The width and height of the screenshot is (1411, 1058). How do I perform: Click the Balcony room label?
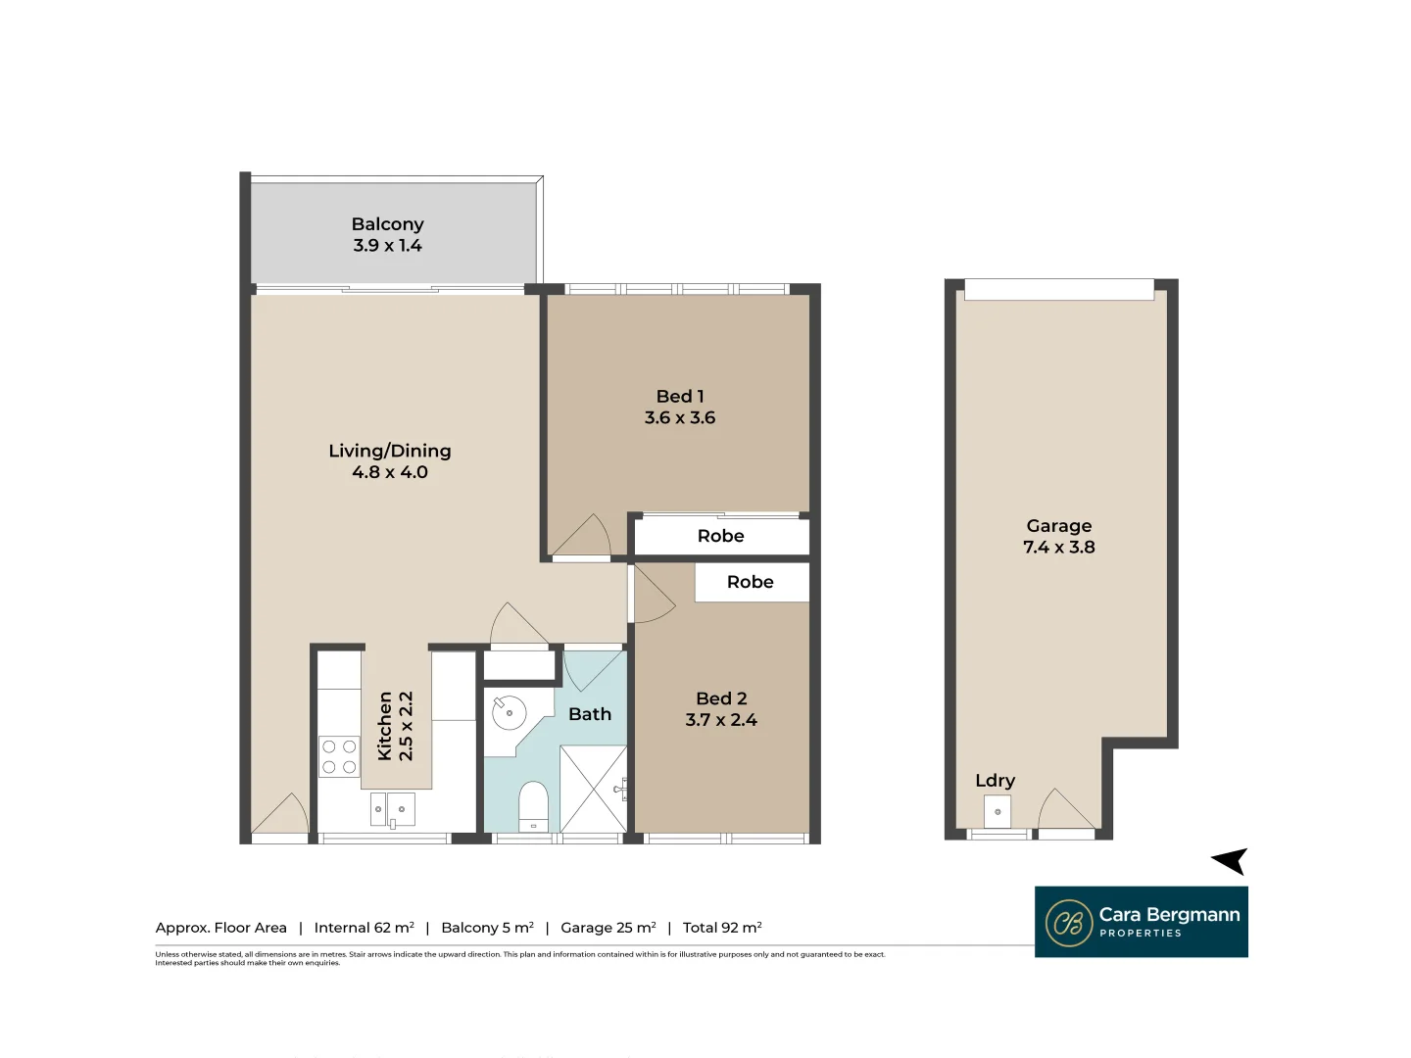tap(387, 224)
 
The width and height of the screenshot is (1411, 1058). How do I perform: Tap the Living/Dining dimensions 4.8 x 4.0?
tap(390, 472)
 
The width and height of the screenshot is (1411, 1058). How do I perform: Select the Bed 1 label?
tap(680, 396)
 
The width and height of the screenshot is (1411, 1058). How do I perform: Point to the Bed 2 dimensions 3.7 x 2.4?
tap(721, 720)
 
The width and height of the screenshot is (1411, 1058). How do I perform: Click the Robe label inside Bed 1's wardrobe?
tap(720, 536)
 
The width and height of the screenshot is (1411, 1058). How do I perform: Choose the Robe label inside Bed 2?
tap(750, 582)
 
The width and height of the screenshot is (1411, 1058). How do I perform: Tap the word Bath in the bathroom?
tap(590, 714)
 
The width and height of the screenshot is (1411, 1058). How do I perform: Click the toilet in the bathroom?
tap(533, 805)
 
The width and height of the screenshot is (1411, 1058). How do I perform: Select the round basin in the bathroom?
tap(509, 712)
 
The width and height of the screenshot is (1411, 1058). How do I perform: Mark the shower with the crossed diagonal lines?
tap(593, 789)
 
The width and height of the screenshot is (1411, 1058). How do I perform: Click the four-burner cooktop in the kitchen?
tap(339, 757)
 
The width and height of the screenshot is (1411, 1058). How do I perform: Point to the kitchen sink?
tap(392, 809)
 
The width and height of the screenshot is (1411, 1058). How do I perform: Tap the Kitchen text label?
tap(384, 726)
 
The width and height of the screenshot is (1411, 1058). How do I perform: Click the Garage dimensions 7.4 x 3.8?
tap(1059, 548)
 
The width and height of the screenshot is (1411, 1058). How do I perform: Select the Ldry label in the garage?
tap(995, 781)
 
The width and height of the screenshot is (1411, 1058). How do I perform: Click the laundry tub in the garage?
tap(997, 812)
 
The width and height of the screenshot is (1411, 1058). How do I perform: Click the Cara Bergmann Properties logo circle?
tap(1069, 923)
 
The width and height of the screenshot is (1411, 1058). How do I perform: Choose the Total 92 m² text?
tap(722, 928)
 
